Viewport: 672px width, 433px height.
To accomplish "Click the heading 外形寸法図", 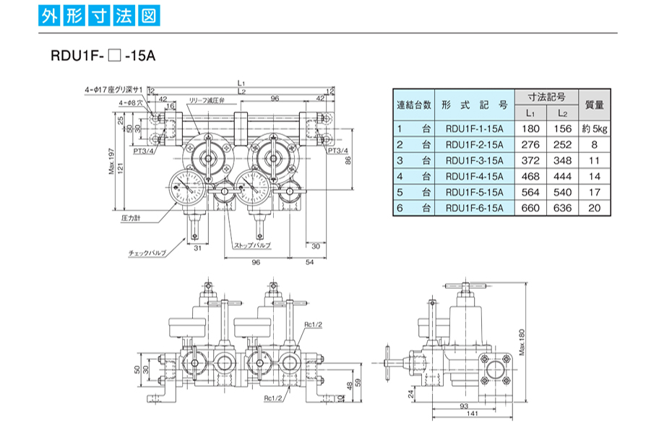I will click(100, 17).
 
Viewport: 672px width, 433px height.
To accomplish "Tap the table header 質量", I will click(595, 104).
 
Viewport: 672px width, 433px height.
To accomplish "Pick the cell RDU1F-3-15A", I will click(475, 160).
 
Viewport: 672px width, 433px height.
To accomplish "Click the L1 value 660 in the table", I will click(530, 208).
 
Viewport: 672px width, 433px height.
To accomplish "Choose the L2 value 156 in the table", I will click(563, 128).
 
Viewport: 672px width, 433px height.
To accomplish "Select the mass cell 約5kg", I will click(595, 128).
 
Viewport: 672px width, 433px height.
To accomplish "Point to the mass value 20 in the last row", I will click(595, 208).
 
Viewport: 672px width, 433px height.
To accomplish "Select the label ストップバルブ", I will click(252, 246).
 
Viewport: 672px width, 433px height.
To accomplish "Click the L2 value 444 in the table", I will click(563, 176).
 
